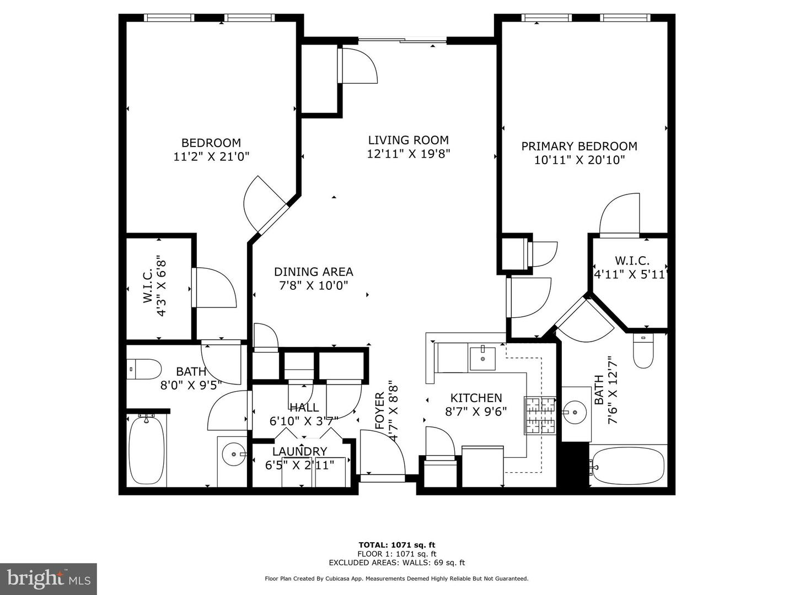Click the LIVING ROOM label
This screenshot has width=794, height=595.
pyautogui.click(x=408, y=140)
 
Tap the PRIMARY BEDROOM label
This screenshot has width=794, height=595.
pyautogui.click(x=579, y=146)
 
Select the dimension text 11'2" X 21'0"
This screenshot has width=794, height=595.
pyautogui.click(x=211, y=157)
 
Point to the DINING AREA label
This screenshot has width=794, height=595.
pyautogui.click(x=313, y=272)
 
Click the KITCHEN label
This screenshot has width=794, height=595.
pyautogui.click(x=476, y=398)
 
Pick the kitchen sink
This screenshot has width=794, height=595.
pyautogui.click(x=482, y=358)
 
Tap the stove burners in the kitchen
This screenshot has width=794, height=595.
pyautogui.click(x=540, y=415)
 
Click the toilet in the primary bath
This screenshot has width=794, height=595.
pyautogui.click(x=643, y=350)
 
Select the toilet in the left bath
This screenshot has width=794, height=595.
pyautogui.click(x=143, y=369)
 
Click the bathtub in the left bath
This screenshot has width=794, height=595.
pyautogui.click(x=147, y=450)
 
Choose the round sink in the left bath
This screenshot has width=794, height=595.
pyautogui.click(x=233, y=453)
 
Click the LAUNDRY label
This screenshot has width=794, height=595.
pyautogui.click(x=299, y=452)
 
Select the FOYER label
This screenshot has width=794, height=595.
pyautogui.click(x=379, y=411)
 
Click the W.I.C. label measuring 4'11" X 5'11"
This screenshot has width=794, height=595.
pyautogui.click(x=632, y=261)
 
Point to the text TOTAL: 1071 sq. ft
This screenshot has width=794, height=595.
pyautogui.click(x=397, y=545)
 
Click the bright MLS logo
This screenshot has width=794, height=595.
pyautogui.click(x=49, y=579)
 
